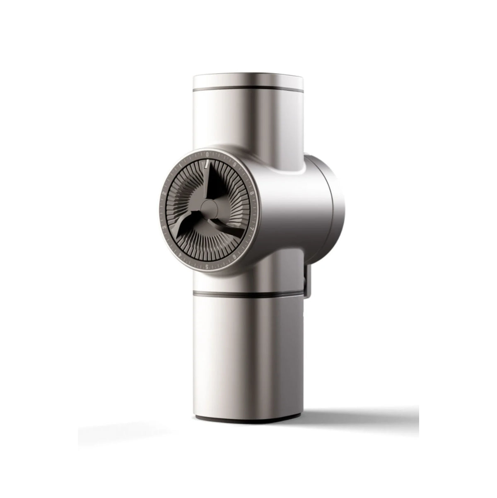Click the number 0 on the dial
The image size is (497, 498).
pyautogui.click(x=207, y=153)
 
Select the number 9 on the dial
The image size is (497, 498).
pyautogui.click(x=235, y=165)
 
